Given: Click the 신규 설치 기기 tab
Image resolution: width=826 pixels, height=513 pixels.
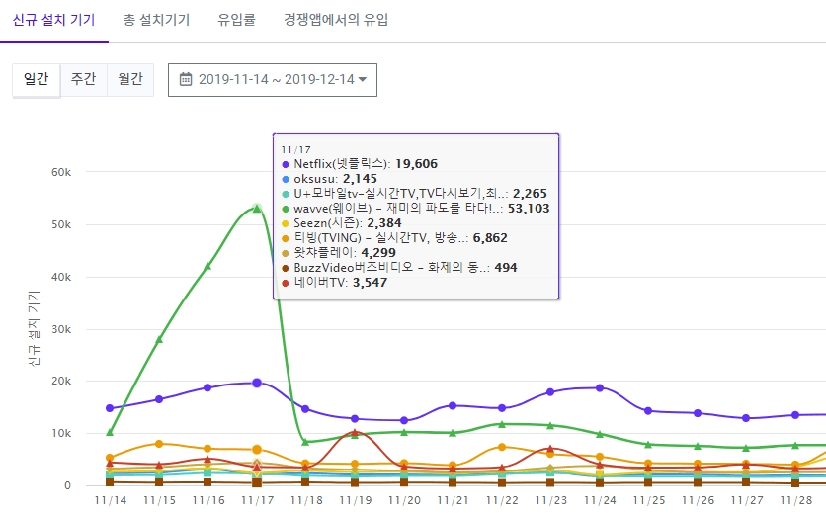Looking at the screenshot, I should tap(53, 20).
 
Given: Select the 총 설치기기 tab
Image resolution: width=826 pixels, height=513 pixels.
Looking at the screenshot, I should tap(157, 20).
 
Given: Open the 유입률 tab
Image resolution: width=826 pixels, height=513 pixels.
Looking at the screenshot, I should tap(236, 20).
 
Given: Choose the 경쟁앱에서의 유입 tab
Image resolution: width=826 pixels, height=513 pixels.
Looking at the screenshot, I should tap(336, 20).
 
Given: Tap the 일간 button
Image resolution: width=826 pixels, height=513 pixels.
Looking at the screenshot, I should tap(36, 79).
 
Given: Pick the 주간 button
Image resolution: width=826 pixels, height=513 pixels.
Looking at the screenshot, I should tap(83, 79).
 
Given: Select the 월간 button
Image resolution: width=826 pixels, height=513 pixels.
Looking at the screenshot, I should tap(129, 79).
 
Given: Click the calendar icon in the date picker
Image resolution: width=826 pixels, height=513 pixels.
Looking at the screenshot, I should tap(185, 79).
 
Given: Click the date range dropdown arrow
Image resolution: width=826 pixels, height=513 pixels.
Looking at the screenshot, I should tap(363, 80).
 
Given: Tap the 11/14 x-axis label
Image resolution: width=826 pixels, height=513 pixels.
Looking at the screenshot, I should tap(110, 501).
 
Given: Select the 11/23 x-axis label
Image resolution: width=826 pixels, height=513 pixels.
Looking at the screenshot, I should tap(550, 501).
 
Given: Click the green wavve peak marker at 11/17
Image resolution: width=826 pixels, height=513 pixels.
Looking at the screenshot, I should tap(257, 209).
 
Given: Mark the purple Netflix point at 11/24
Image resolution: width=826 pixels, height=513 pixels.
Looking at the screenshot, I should tap(600, 387).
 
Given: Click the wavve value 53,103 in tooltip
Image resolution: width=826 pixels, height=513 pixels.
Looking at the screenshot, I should tap(530, 209).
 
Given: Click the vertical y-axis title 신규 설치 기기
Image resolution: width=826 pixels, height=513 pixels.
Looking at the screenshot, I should tap(35, 325).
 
